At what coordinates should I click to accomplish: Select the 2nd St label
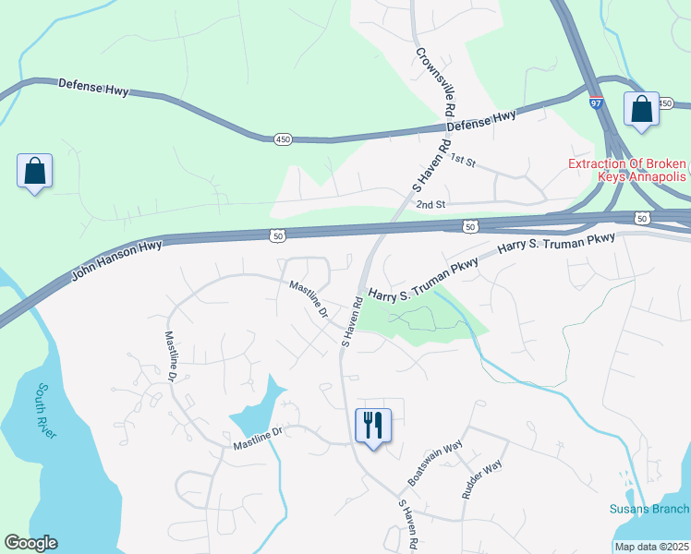(x=430, y=203)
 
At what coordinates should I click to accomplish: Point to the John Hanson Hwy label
(x=116, y=259)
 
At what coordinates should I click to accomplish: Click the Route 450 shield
(x=282, y=138)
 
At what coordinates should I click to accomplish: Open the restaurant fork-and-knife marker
(x=373, y=426)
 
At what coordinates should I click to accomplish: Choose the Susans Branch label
(x=649, y=509)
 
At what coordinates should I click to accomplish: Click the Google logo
(x=30, y=543)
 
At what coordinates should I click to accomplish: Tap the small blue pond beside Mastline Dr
(x=256, y=410)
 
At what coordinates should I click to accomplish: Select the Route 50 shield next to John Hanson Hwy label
(x=278, y=236)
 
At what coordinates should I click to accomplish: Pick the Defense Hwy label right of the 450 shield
(x=480, y=120)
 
